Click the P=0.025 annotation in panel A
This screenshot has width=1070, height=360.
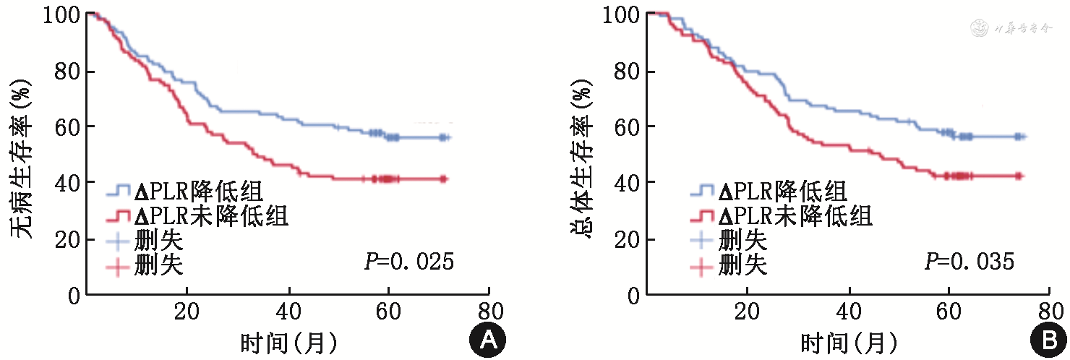click(409, 262)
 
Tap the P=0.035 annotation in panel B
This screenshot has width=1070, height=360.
click(970, 262)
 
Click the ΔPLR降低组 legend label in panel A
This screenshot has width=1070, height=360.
click(197, 192)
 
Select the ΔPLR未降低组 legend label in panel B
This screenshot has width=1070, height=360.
click(795, 216)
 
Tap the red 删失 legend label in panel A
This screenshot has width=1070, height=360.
click(158, 267)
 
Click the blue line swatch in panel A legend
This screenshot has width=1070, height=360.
click(119, 192)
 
